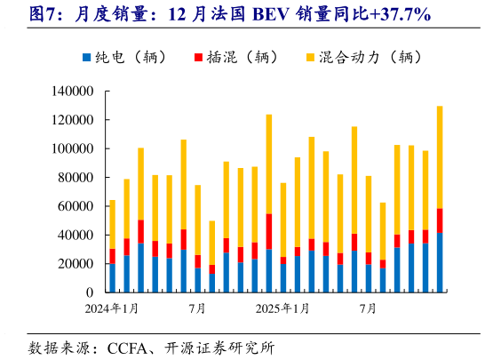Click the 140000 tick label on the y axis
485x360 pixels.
[x=73, y=91]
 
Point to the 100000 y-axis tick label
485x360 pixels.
[x=73, y=148]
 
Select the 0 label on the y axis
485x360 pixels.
[x=90, y=292]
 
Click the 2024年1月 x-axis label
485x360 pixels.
[x=112, y=309]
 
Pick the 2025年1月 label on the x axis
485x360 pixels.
[x=282, y=309]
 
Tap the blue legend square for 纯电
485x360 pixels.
[x=86, y=58]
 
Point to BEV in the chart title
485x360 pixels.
[x=271, y=13]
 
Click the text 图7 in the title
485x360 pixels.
[x=44, y=13]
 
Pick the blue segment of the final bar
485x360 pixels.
[x=440, y=262]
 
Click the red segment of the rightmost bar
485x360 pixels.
[x=440, y=220]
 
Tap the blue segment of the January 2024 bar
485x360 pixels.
[x=112, y=278]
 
